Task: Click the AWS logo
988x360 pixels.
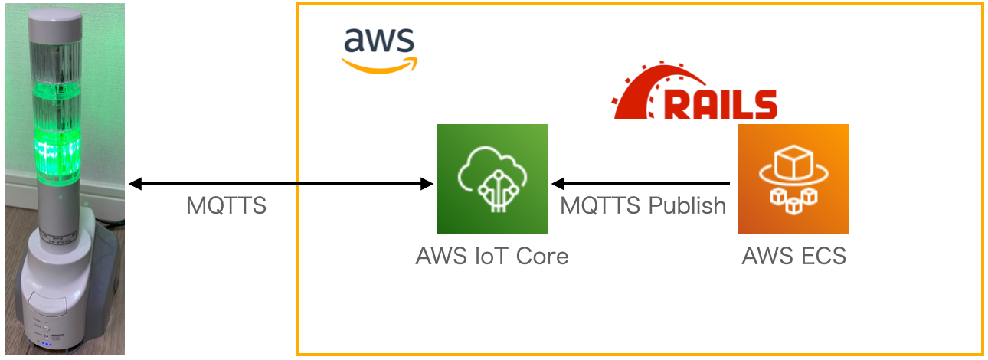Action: coord(379,50)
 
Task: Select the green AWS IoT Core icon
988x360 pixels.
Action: coord(492,178)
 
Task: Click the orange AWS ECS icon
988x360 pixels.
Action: coord(793,178)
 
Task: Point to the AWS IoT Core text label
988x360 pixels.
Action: coord(492,256)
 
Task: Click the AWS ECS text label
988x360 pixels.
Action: coord(794,256)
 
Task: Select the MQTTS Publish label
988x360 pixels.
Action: coord(643,206)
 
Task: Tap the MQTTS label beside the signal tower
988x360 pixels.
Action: coord(227,206)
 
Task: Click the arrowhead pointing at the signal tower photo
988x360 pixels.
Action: coord(136,184)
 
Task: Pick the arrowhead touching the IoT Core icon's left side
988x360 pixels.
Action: coord(427,184)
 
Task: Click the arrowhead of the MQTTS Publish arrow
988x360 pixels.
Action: coord(558,184)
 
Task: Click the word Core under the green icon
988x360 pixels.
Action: coord(542,256)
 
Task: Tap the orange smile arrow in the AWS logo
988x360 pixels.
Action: coord(381,67)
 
